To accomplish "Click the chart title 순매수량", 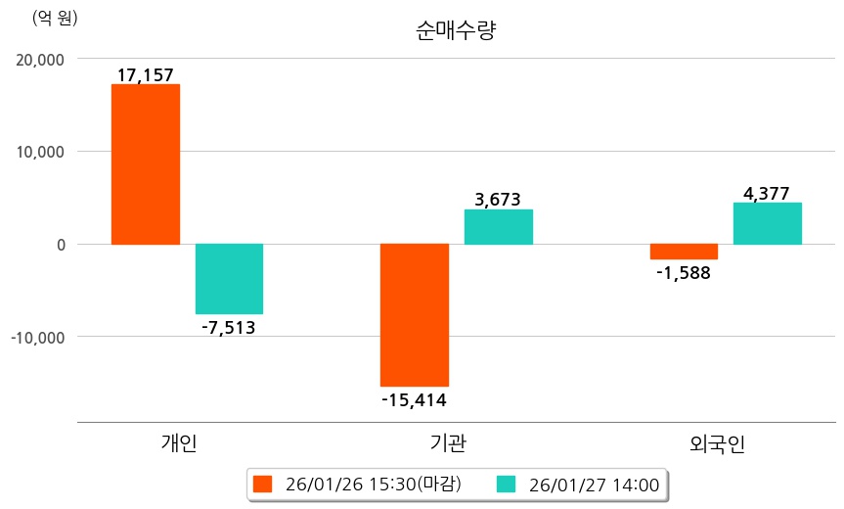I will pyautogui.click(x=457, y=30).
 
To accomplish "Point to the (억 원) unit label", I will pyautogui.click(x=56, y=18).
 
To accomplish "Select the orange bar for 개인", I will pyautogui.click(x=145, y=163).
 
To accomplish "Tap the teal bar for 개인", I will pyautogui.click(x=229, y=278).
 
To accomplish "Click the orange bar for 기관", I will pyautogui.click(x=415, y=314).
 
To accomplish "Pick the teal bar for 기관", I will pyautogui.click(x=499, y=226).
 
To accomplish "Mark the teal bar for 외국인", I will pyautogui.click(x=767, y=223).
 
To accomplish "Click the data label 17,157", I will pyautogui.click(x=145, y=74).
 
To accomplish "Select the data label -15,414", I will pyautogui.click(x=414, y=399).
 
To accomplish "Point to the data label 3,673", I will pyautogui.click(x=498, y=200).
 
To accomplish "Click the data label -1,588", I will pyautogui.click(x=683, y=273).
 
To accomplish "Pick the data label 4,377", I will pyautogui.click(x=767, y=193).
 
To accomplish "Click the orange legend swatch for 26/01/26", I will pyautogui.click(x=261, y=484).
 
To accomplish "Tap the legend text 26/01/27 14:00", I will pyautogui.click(x=594, y=484).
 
